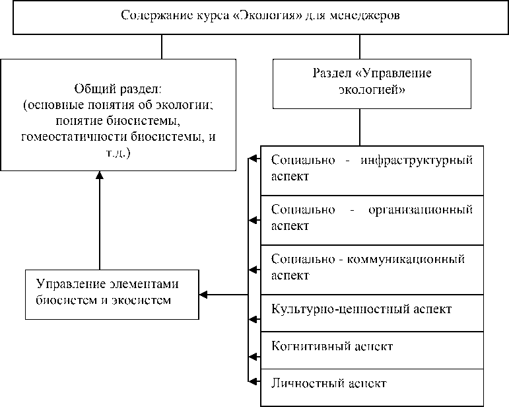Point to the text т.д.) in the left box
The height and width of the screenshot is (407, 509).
tap(118, 153)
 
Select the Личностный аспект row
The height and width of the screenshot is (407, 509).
tap(329, 383)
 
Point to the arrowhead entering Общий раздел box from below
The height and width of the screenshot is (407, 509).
tap(99, 176)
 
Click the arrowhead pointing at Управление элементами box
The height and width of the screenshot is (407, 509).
tap(203, 294)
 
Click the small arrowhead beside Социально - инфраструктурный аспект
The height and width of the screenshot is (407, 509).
tap(252, 159)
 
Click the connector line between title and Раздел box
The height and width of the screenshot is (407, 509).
tap(360, 46)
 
